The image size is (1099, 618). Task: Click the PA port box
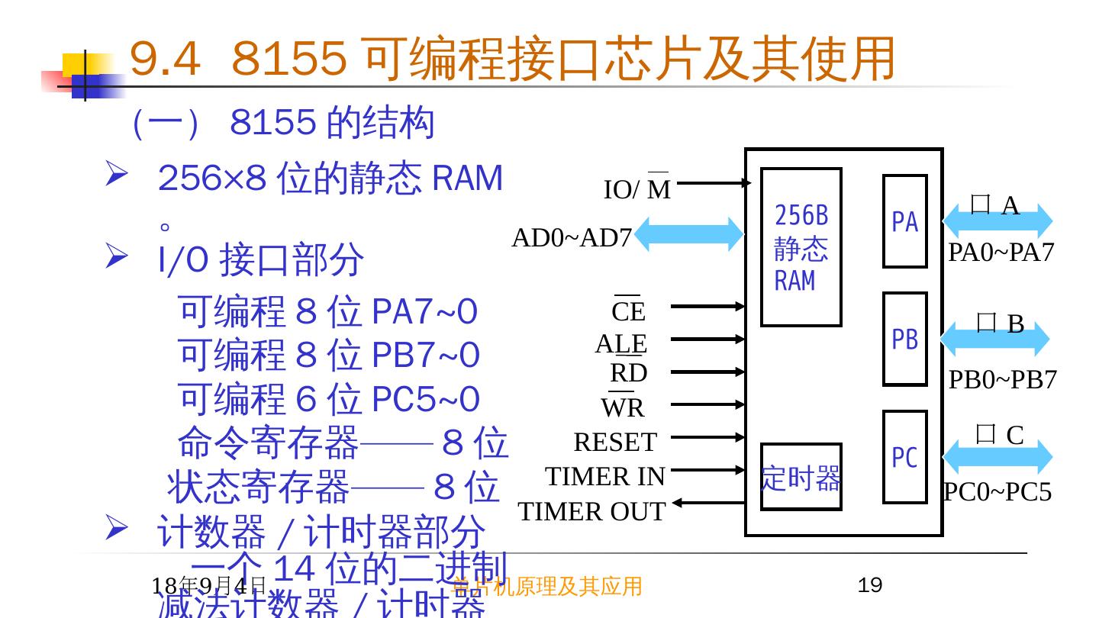click(904, 221)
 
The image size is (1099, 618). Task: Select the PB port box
click(904, 339)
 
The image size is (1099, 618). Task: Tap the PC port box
click(904, 457)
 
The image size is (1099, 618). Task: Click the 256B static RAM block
click(801, 247)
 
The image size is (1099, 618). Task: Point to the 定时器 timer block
click(801, 477)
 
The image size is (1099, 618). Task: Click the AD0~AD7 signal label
click(572, 238)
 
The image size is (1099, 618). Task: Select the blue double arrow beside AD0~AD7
click(688, 234)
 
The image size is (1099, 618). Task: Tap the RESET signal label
click(615, 442)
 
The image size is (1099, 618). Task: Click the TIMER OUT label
click(591, 511)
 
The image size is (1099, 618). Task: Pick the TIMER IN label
click(605, 476)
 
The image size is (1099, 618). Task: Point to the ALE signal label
click(621, 343)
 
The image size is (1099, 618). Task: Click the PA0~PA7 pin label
click(1001, 252)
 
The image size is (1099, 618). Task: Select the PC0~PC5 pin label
click(997, 492)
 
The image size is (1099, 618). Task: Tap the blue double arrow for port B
click(997, 339)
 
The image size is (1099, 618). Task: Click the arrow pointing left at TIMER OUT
click(706, 502)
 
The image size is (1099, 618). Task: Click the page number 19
click(870, 585)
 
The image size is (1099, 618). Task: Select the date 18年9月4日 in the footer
click(208, 586)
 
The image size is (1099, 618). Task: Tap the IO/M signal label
click(637, 189)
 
